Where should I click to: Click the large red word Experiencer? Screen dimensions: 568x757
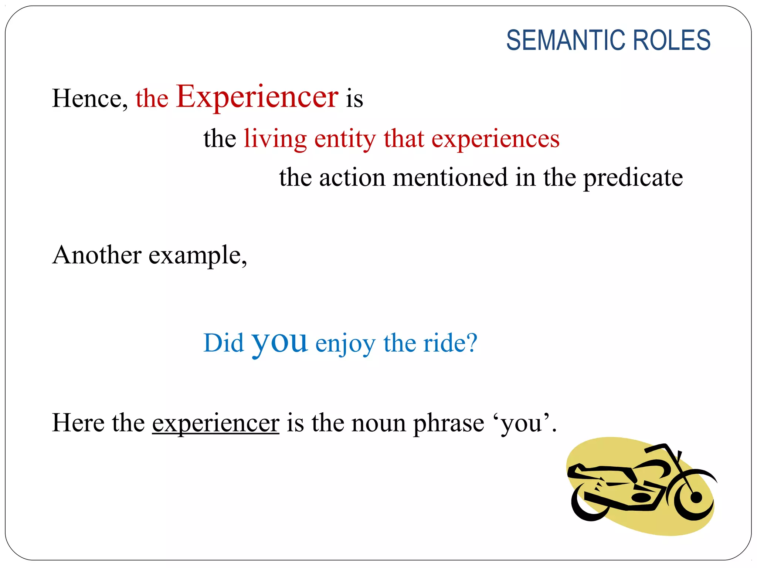point(257,97)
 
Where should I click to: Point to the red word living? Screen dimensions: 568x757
point(275,139)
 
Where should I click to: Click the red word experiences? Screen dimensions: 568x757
point(495,140)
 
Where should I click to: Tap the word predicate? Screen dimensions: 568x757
point(633,178)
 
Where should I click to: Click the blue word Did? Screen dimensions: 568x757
point(223,343)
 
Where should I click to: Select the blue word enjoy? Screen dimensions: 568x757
point(345,344)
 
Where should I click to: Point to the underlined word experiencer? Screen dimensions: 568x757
point(215,423)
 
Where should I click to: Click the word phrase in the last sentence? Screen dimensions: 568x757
point(448,423)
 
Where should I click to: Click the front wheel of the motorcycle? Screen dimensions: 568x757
point(695,497)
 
